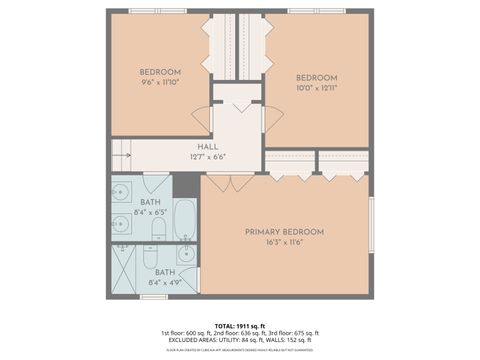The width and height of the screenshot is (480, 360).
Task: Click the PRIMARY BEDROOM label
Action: [x=284, y=232]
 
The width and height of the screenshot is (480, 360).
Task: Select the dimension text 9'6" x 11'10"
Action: [x=160, y=83]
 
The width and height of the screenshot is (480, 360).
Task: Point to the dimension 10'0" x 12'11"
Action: [x=316, y=89]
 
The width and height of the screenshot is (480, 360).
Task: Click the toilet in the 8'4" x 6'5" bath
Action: [x=158, y=230]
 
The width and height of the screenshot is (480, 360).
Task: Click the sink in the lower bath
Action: [x=185, y=254]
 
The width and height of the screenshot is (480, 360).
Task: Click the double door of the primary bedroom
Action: [x=229, y=183]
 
